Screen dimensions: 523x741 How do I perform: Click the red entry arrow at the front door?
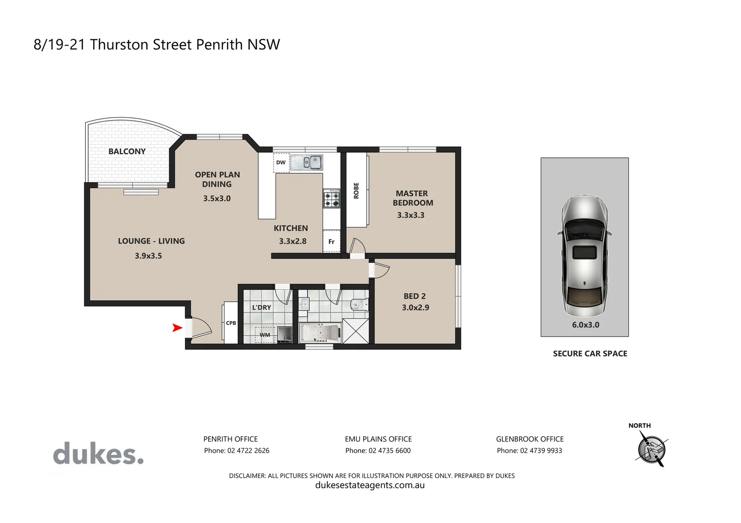177,328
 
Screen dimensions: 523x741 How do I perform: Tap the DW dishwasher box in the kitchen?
281,163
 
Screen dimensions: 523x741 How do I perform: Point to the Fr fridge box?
332,242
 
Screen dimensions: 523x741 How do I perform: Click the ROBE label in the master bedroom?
356,190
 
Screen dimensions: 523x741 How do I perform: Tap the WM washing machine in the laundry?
265,335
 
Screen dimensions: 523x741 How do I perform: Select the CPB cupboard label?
231,323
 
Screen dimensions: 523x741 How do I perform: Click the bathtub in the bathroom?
320,333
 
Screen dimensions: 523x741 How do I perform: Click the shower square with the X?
355,331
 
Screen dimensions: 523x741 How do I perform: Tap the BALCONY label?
127,152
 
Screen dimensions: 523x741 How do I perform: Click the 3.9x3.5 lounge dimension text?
148,256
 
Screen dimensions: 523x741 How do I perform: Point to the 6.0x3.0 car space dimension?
585,325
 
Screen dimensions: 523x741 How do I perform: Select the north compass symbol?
651,448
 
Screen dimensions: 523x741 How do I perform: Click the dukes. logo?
98,453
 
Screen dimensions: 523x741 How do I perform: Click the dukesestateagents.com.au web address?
370,485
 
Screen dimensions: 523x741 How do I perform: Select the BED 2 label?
415,296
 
